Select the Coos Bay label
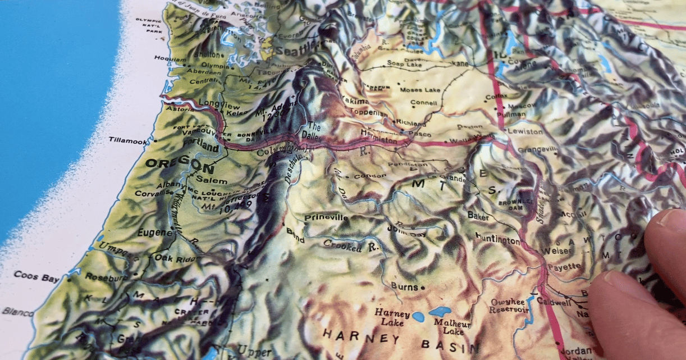pos(36,276)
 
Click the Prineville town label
pos(326,218)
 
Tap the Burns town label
pos(405,287)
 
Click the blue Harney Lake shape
pos(418,317)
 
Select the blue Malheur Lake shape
pos(440,311)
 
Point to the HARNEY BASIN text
pos(400,340)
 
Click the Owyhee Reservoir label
pos(509,306)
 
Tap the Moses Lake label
pos(419,90)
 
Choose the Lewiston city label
pos(525,131)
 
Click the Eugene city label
pos(155,233)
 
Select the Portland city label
pos(200,147)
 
